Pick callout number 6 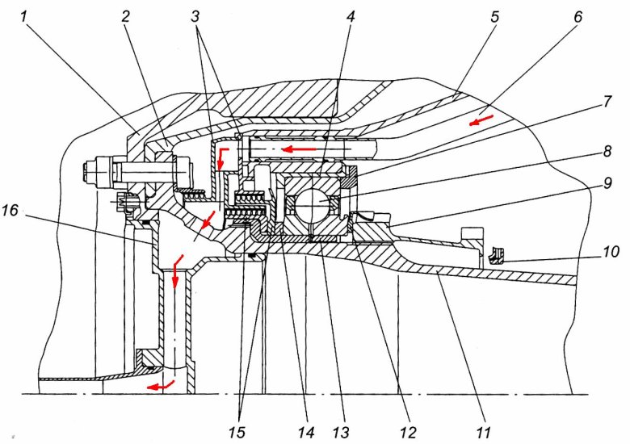578,15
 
